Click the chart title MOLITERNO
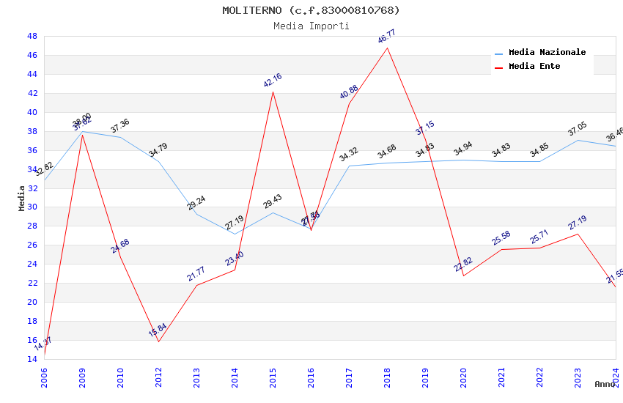coord(311,10)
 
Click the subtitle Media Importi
coord(311,26)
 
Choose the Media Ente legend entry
coord(534,67)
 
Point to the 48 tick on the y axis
coord(32,36)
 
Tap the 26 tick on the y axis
coord(32,245)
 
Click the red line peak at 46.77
coord(387,48)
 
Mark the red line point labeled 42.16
coord(273,92)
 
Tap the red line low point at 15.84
coord(158,341)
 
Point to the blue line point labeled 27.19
coord(235,234)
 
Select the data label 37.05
coord(578,130)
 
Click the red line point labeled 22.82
coord(463,276)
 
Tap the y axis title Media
coord(22,198)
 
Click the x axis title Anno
coord(605,384)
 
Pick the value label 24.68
coord(120,246)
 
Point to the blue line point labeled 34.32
coord(349,166)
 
